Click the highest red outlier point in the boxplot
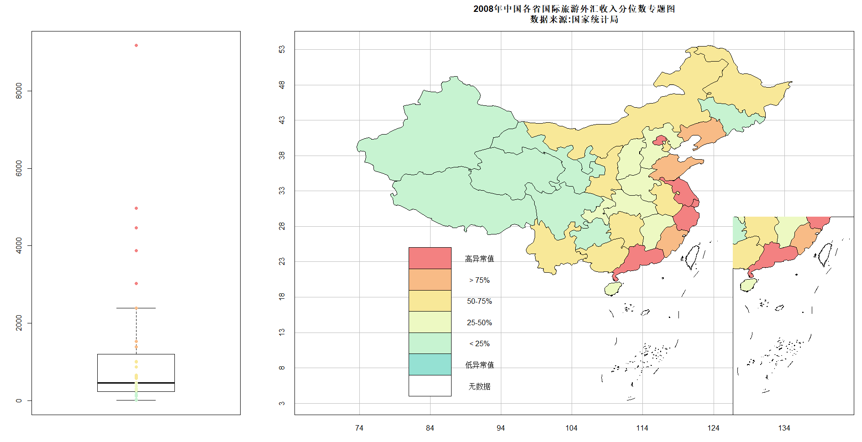point(136,46)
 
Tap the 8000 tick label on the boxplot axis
point(19,90)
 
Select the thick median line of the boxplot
point(136,383)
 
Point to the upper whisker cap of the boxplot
point(136,308)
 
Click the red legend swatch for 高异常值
point(430,258)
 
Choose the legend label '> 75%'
point(479,280)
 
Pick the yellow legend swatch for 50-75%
point(430,301)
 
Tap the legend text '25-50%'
point(479,322)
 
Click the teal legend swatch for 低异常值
point(430,364)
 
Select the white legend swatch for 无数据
point(430,386)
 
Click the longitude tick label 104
point(572,428)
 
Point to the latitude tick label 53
point(282,49)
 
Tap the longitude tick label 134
point(784,428)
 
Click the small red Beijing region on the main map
point(660,140)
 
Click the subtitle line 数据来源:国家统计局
point(574,19)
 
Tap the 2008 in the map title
point(483,9)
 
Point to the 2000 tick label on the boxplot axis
point(19,323)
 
